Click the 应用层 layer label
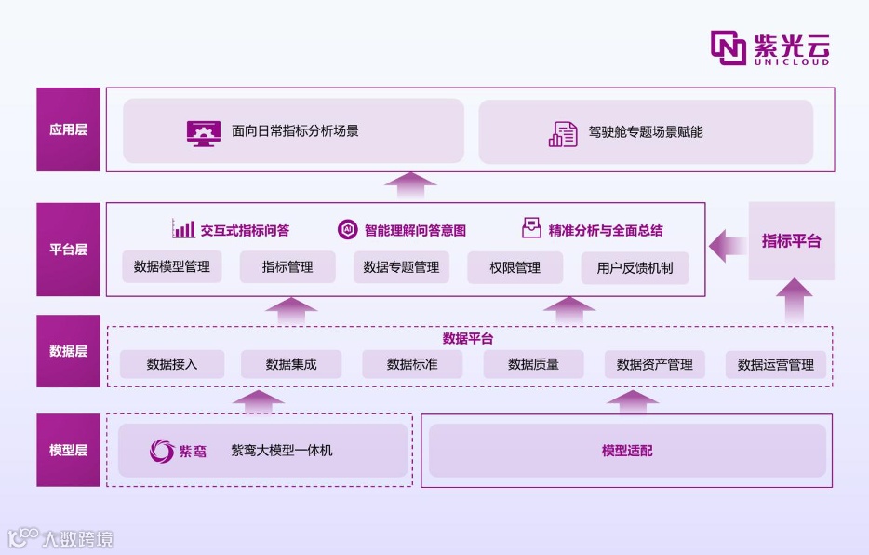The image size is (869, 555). pyautogui.click(x=68, y=129)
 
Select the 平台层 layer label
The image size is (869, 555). pyautogui.click(x=68, y=250)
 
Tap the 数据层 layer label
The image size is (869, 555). pyautogui.click(x=68, y=351)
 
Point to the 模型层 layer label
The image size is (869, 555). pyautogui.click(x=68, y=450)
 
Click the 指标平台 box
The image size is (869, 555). pyautogui.click(x=791, y=241)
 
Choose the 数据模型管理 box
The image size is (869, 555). pyautogui.click(x=172, y=267)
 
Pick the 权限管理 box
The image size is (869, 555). pyautogui.click(x=515, y=267)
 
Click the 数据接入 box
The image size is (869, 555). pyautogui.click(x=172, y=364)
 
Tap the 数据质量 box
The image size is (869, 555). pyautogui.click(x=533, y=364)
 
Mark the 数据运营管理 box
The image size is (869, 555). pyautogui.click(x=775, y=364)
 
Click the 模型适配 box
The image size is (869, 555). pyautogui.click(x=626, y=451)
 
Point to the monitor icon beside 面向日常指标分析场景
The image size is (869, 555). pyautogui.click(x=203, y=132)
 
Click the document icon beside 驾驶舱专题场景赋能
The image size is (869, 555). pyautogui.click(x=563, y=133)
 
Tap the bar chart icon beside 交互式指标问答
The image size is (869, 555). pyautogui.click(x=183, y=229)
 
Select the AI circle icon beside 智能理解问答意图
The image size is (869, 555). pyautogui.click(x=347, y=229)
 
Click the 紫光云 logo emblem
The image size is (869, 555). pyautogui.click(x=729, y=47)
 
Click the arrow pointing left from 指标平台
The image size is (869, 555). pyautogui.click(x=727, y=247)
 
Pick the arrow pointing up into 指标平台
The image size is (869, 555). pyautogui.click(x=791, y=300)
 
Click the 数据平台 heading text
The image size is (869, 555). pyautogui.click(x=468, y=338)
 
